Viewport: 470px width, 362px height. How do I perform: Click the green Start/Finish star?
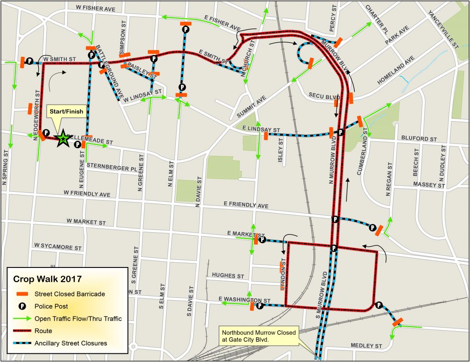pos(62,138)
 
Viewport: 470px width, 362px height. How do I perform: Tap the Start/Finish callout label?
pos(66,111)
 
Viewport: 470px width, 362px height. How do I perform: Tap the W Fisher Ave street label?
pos(96,8)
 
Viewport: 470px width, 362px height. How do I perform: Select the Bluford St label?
pos(418,138)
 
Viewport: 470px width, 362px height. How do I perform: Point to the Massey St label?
pos(429,185)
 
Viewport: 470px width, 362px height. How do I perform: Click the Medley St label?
pos(366,345)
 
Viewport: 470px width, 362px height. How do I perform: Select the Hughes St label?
pos(228,276)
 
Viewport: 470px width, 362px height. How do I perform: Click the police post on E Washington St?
pos(260,306)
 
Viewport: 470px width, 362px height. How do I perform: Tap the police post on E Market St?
pos(262,239)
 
